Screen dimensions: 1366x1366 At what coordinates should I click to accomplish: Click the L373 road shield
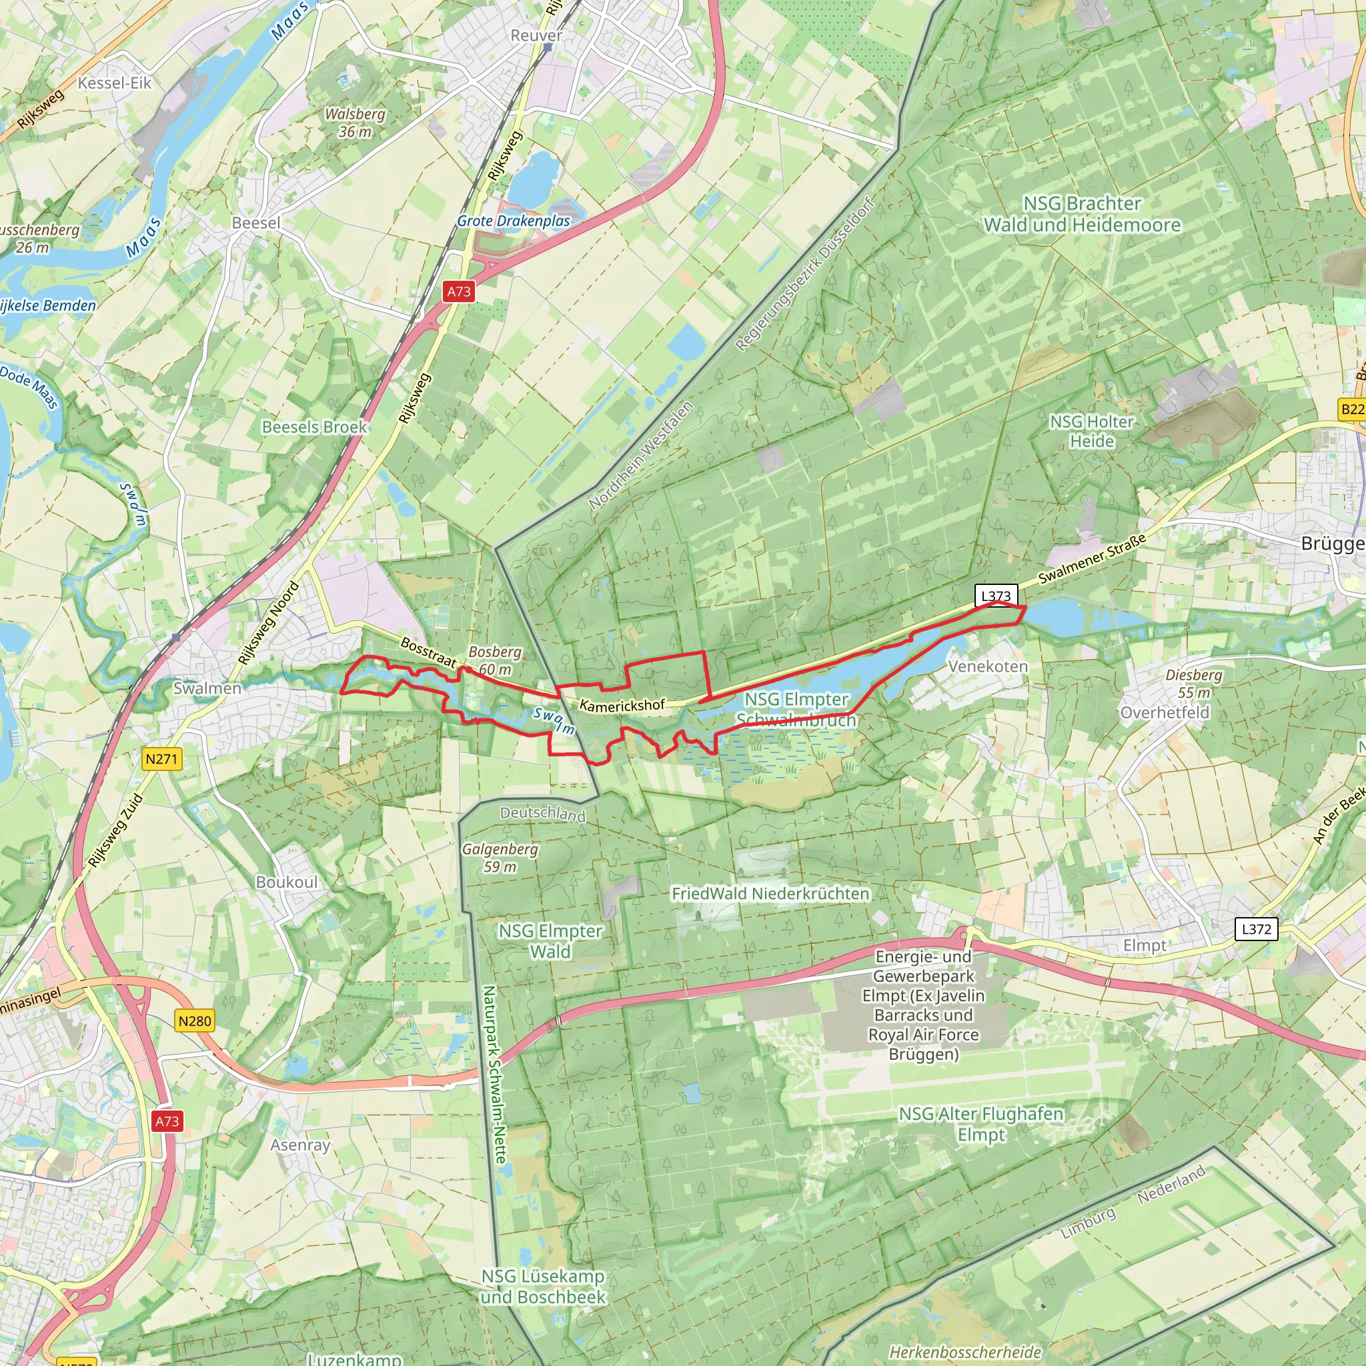(x=996, y=596)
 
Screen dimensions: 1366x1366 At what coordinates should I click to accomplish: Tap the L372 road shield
(x=1256, y=928)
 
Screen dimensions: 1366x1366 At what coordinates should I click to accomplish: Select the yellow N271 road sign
(x=161, y=758)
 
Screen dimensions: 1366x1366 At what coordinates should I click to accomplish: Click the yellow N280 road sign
(x=195, y=1020)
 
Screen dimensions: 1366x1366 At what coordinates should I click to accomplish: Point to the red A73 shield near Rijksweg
(x=458, y=291)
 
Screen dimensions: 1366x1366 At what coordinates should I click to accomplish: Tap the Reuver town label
(x=537, y=35)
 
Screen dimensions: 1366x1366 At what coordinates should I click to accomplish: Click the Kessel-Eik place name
(x=115, y=83)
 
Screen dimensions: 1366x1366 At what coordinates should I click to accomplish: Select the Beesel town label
(x=256, y=223)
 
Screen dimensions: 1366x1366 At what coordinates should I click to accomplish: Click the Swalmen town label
(x=207, y=688)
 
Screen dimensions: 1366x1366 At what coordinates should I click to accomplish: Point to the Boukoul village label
(x=286, y=882)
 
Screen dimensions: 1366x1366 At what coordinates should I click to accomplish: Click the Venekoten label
(x=988, y=666)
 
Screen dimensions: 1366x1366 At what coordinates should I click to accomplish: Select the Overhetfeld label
(x=1165, y=712)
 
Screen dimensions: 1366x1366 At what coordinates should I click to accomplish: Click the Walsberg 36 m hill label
(x=355, y=122)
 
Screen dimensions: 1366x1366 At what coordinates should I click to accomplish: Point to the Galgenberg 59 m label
(x=500, y=857)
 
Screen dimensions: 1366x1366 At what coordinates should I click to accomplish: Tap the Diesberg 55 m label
(x=1193, y=683)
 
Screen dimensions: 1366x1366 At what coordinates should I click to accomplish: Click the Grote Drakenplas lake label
(x=514, y=221)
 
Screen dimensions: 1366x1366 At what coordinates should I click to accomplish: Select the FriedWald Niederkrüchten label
(x=770, y=893)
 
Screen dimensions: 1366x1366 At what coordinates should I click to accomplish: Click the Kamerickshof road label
(x=622, y=705)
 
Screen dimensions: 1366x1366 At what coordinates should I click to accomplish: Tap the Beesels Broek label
(x=315, y=426)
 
